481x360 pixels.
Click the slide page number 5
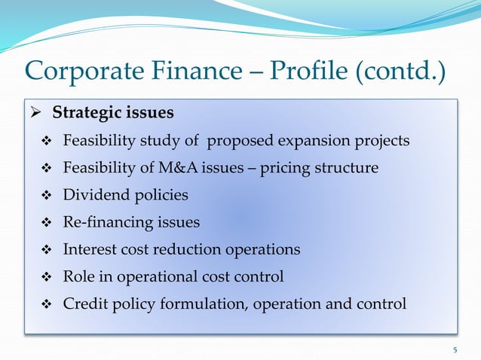tap(455, 349)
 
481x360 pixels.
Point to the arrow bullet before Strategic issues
tap(36, 114)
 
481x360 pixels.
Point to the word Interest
tap(90, 249)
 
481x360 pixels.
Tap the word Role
tap(78, 276)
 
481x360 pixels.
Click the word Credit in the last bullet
tap(84, 304)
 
